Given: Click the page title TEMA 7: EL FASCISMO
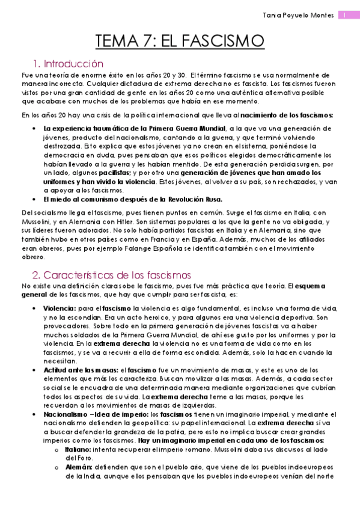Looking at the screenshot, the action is pyautogui.click(x=180, y=41).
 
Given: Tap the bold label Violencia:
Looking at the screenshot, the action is pyautogui.click(x=60, y=309).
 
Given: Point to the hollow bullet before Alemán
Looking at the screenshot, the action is pyautogui.click(x=56, y=467).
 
